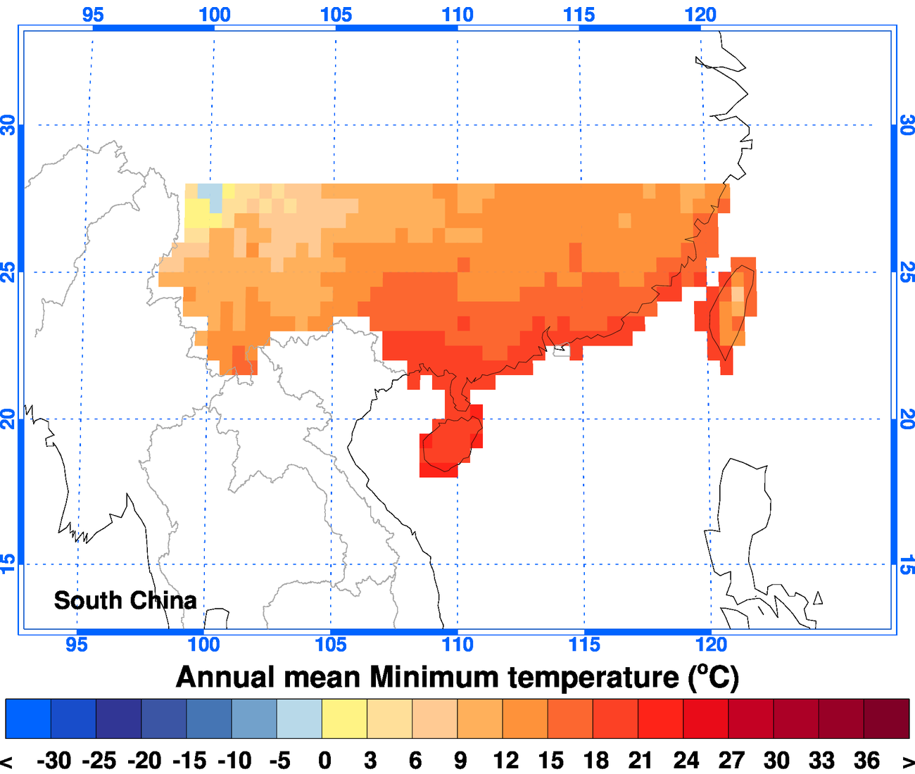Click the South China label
coord(125,600)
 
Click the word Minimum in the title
coord(434,677)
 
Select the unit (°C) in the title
coord(712,677)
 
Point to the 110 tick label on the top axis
coord(458,14)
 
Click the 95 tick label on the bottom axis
coord(77,645)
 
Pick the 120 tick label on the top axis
coord(700,14)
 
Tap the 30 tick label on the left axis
coord(8,125)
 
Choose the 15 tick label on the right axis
coord(907,564)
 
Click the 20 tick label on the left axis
coord(8,419)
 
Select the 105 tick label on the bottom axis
coord(331,645)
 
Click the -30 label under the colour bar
coord(54,761)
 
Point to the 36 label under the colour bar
coord(866,761)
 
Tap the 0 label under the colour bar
coord(324,761)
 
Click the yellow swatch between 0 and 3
coord(344,718)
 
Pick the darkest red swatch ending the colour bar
coord(886,718)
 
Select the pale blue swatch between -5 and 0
coord(299,718)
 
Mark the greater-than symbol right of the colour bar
coord(907,761)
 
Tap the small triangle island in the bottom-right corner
coord(817,598)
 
